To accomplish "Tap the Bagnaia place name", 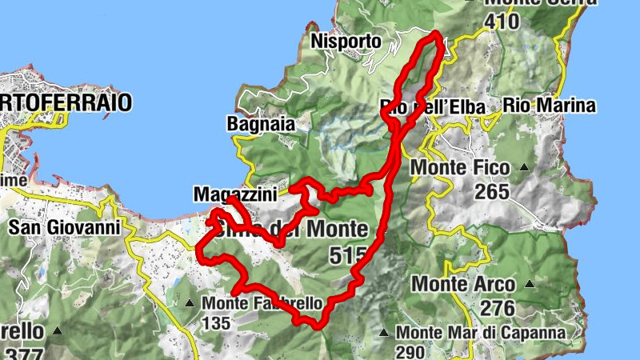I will point(261,124).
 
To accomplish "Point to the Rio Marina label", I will point(550,105).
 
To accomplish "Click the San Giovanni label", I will point(64,227).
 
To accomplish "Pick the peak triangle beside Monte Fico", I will point(524,168).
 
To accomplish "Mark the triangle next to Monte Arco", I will point(530,283).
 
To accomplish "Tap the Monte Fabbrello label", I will point(262,304).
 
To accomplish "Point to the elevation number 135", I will point(216,323).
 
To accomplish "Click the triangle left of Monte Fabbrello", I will point(190,303).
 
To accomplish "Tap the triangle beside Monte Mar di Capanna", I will point(384,333).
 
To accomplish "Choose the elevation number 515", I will point(347,255).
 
